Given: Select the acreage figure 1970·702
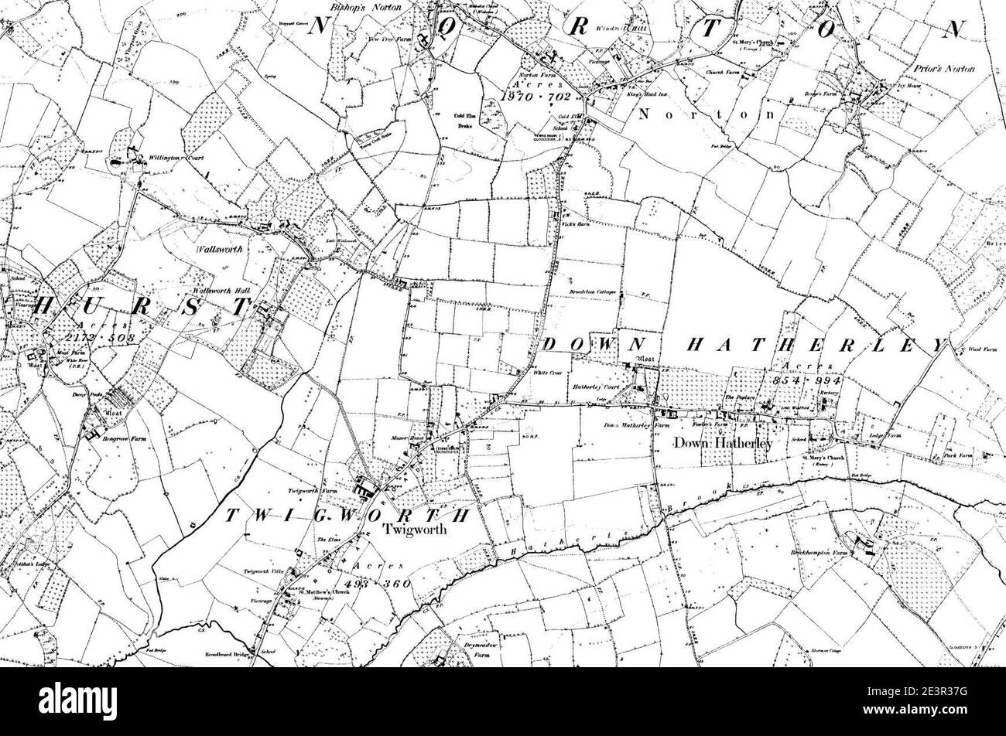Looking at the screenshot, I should click(x=535, y=97).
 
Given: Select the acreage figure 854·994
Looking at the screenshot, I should click(x=806, y=381).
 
